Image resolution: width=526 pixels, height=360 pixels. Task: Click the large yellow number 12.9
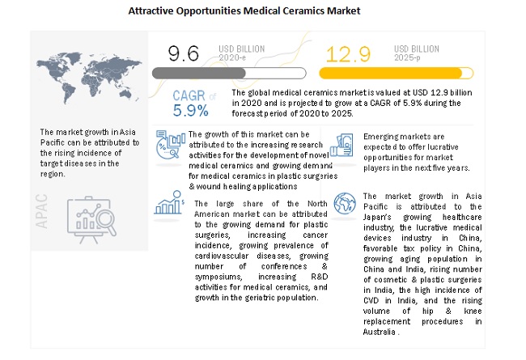click(x=342, y=55)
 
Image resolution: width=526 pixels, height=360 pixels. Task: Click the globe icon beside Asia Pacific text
click(x=344, y=202)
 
